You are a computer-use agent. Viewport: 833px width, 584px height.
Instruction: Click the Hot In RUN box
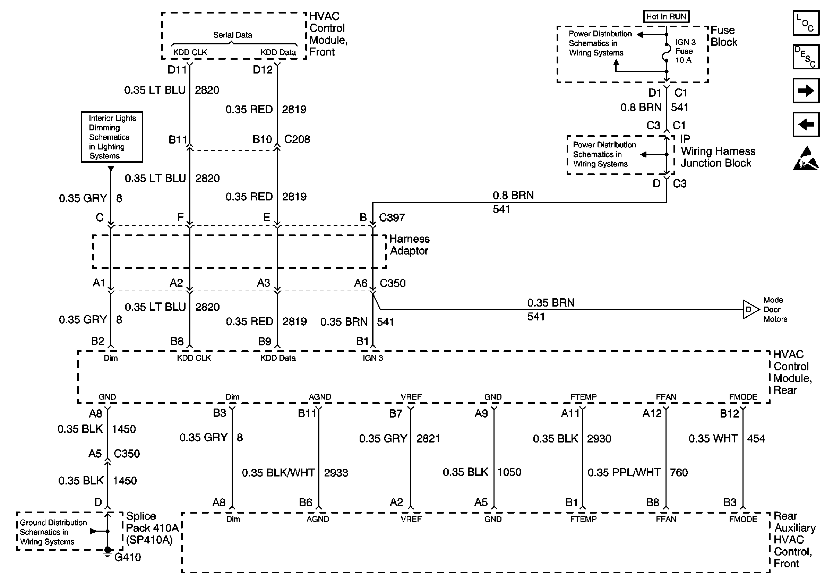coord(666,17)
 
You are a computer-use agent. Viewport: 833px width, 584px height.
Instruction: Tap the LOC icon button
coord(806,23)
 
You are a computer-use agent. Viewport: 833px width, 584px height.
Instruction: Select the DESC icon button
coord(806,57)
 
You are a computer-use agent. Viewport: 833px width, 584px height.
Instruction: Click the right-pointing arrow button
coord(806,91)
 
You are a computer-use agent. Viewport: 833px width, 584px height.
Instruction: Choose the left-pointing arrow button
coord(806,124)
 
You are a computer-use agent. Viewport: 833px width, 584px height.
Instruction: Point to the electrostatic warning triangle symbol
coord(806,158)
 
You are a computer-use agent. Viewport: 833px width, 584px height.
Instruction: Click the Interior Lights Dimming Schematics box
coord(112,137)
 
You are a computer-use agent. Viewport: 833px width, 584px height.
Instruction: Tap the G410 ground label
coord(127,557)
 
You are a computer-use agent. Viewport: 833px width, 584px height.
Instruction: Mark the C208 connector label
coord(297,139)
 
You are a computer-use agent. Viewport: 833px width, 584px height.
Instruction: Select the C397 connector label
coord(392,218)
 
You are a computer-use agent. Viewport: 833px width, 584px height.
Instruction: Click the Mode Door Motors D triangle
coord(750,309)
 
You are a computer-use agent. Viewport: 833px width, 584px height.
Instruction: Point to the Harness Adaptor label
coord(409,245)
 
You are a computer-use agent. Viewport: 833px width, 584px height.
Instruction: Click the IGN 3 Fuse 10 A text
coord(685,51)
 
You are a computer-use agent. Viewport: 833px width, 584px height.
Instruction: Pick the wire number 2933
coord(336,473)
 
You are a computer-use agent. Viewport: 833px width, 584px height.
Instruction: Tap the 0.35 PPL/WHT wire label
coord(624,472)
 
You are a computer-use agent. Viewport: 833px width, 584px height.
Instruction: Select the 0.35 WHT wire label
coord(713,439)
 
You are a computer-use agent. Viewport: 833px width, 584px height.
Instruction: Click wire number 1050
coord(509,472)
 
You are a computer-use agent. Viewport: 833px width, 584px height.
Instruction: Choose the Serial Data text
coord(233,35)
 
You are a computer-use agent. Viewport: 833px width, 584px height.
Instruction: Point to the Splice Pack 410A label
coord(152,528)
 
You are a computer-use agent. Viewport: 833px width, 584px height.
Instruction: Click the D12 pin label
coord(262,70)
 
